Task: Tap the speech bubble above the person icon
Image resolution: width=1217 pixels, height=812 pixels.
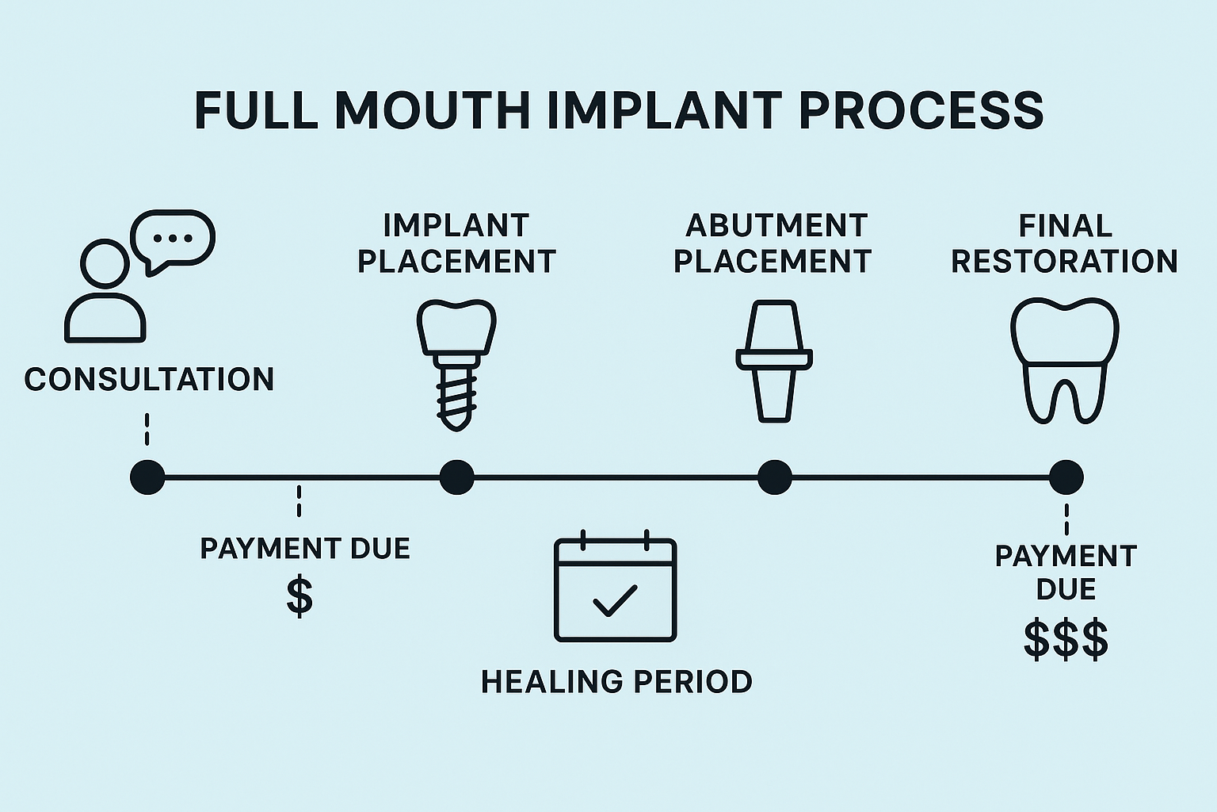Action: click(x=174, y=239)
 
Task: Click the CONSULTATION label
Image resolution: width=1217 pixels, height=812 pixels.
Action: click(x=149, y=379)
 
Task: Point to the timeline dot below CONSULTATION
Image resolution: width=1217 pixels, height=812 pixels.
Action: click(x=147, y=477)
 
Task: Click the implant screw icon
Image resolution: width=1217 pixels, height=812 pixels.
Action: click(x=456, y=365)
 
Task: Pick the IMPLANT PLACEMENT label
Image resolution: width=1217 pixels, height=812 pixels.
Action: click(x=456, y=243)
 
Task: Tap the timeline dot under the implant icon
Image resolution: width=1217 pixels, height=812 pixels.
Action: click(x=456, y=477)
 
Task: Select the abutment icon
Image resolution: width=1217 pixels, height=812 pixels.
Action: click(x=774, y=361)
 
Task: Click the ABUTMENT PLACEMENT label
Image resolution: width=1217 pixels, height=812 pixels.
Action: click(x=773, y=243)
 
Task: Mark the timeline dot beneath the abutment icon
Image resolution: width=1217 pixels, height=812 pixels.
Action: click(x=774, y=477)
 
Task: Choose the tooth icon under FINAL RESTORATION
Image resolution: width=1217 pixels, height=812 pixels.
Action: click(x=1065, y=361)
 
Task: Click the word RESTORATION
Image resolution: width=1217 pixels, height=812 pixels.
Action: click(x=1065, y=262)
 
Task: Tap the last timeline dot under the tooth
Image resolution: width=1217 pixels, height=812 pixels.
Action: click(x=1066, y=477)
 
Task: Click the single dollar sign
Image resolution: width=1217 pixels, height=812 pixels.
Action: click(x=299, y=597)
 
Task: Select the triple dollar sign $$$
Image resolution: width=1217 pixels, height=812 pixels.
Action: click(x=1066, y=639)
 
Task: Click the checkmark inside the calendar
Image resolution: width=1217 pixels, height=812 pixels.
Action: click(x=615, y=600)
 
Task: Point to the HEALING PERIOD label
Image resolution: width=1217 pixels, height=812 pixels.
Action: click(x=616, y=682)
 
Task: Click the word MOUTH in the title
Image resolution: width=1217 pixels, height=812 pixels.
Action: click(x=432, y=110)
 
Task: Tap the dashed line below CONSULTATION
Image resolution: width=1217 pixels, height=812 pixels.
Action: click(x=147, y=430)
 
